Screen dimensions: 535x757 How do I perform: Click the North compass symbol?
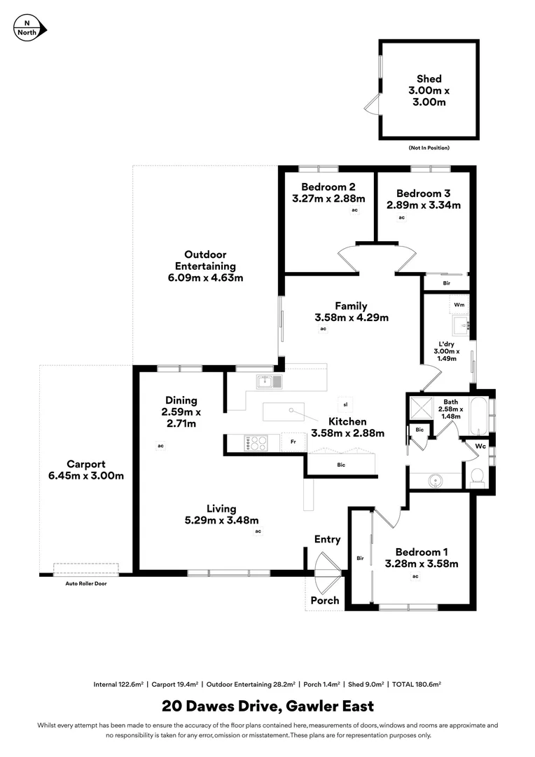pos(29,28)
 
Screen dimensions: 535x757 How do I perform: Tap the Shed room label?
pos(429,79)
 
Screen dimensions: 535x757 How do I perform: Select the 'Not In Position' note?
pos(429,148)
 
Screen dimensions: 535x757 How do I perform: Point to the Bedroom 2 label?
pos(328,187)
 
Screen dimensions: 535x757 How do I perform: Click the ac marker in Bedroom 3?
pos(401,217)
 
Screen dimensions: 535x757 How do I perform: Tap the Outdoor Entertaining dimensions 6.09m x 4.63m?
pos(205,278)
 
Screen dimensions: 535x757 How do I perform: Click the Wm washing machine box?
pos(459,305)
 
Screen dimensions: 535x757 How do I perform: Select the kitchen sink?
pos(269,381)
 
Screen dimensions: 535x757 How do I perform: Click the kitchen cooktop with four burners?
pos(256,443)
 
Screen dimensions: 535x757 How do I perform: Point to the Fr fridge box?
pos(293,442)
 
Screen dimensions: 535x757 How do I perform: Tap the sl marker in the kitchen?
pos(345,404)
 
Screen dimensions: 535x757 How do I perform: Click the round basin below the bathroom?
pos(435,481)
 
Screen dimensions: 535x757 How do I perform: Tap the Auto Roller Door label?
pos(86,584)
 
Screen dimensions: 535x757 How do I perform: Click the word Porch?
pos(325,601)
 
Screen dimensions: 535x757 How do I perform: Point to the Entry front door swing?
pos(327,564)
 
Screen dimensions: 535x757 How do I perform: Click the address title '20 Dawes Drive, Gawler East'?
pos(267,707)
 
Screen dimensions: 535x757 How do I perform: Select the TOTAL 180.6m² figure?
pos(417,684)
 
